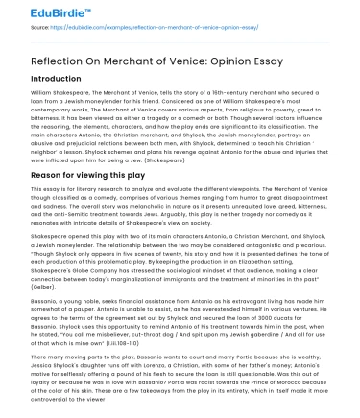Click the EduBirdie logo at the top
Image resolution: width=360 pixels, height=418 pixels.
click(x=40, y=12)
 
